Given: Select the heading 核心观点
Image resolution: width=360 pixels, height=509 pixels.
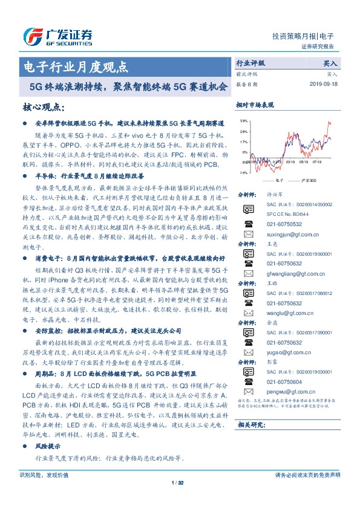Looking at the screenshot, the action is (44, 107).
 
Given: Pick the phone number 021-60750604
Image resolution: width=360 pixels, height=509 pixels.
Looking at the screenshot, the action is (281, 381).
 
